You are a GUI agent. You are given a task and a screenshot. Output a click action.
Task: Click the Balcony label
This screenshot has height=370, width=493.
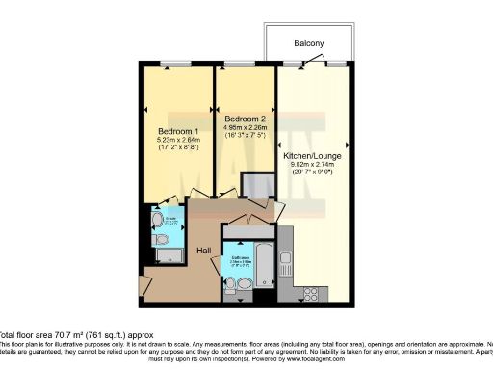click(x=309, y=43)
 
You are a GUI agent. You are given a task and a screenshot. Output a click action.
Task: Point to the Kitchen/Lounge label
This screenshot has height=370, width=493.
click(x=313, y=155)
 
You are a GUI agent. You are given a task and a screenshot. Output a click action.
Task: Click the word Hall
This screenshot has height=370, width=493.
click(x=204, y=251)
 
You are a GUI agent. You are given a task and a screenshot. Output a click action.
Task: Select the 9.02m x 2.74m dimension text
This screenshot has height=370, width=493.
click(x=313, y=164)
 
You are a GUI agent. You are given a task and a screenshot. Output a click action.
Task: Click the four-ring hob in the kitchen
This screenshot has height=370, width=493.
click(x=312, y=287)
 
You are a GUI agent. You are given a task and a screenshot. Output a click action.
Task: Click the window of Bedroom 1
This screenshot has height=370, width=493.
click(x=176, y=65)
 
